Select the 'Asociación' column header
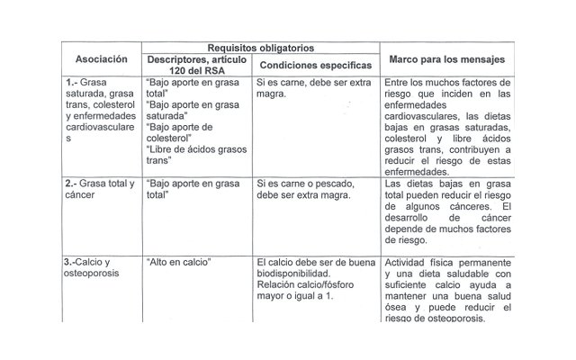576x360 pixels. (x=100, y=59)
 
